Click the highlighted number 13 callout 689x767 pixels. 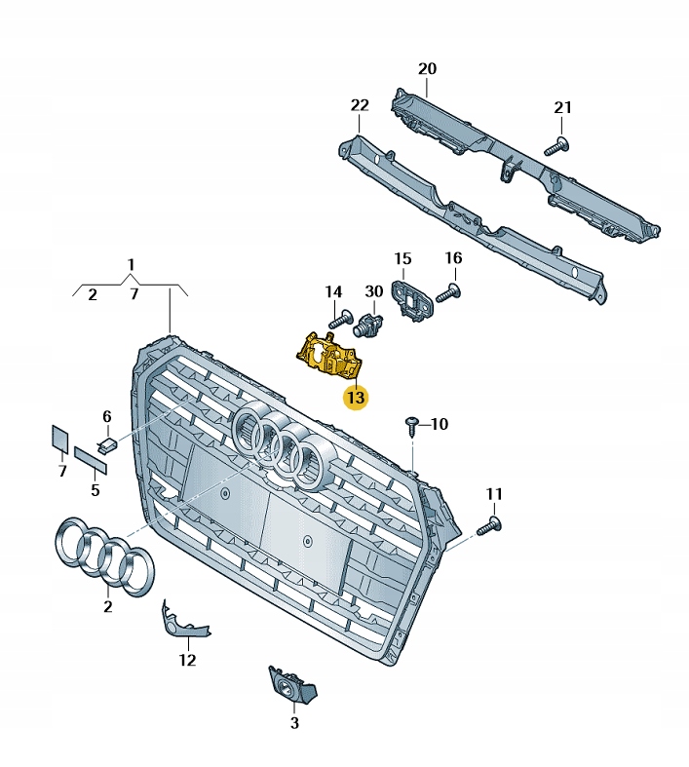pos(355,398)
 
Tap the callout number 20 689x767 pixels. pos(427,69)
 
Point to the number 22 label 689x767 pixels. pos(360,105)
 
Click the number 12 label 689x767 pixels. pos(187,660)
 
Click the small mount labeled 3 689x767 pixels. pos(290,687)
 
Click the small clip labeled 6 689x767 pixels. pos(107,444)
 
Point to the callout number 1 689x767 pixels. pos(132,265)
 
